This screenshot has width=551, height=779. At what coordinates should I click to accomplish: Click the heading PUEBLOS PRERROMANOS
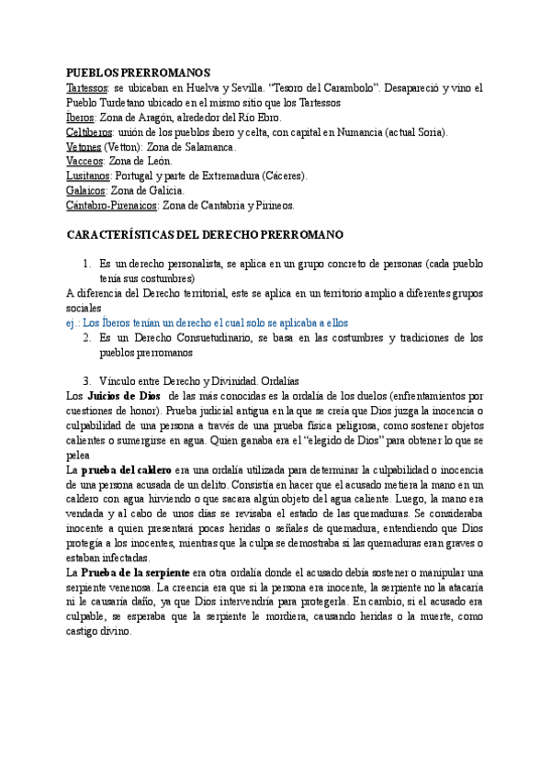pyautogui.click(x=139, y=73)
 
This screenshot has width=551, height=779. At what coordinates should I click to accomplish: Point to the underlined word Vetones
pyautogui.click(x=84, y=147)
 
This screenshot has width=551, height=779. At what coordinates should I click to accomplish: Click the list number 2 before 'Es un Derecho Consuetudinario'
pyautogui.click(x=86, y=338)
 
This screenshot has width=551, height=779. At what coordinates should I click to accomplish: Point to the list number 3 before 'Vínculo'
pyautogui.click(x=86, y=381)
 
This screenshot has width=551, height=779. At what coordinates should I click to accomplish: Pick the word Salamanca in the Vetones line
pyautogui.click(x=208, y=147)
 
